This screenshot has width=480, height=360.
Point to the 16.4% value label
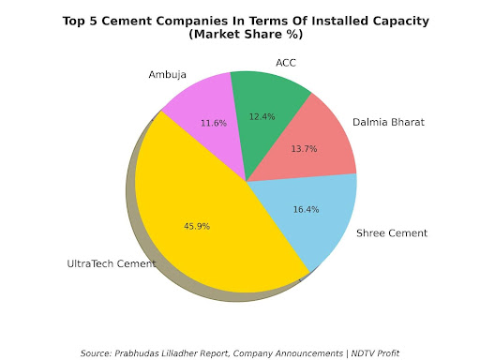(x=305, y=210)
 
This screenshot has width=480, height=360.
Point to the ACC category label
(x=286, y=63)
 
